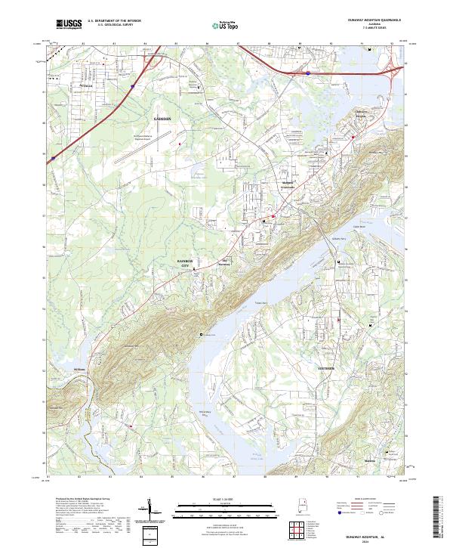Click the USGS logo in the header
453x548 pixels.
pyautogui.click(x=69, y=24)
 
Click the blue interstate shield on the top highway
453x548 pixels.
pyautogui.click(x=308, y=73)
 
